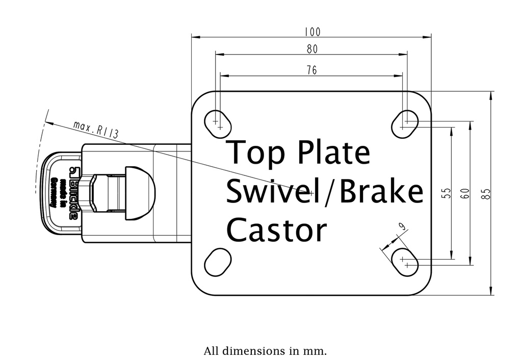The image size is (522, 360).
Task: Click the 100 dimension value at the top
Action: [312, 32]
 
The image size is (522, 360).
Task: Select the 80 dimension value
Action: [312, 49]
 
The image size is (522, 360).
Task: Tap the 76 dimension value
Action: [312, 70]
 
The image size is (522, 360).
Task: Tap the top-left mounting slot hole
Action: [218, 121]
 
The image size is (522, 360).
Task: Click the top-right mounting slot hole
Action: [405, 122]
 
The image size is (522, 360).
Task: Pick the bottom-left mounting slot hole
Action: [218, 262]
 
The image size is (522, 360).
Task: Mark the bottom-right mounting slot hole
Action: [405, 262]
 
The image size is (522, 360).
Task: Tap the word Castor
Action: [275, 230]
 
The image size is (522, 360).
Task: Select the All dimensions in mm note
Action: [265, 351]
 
